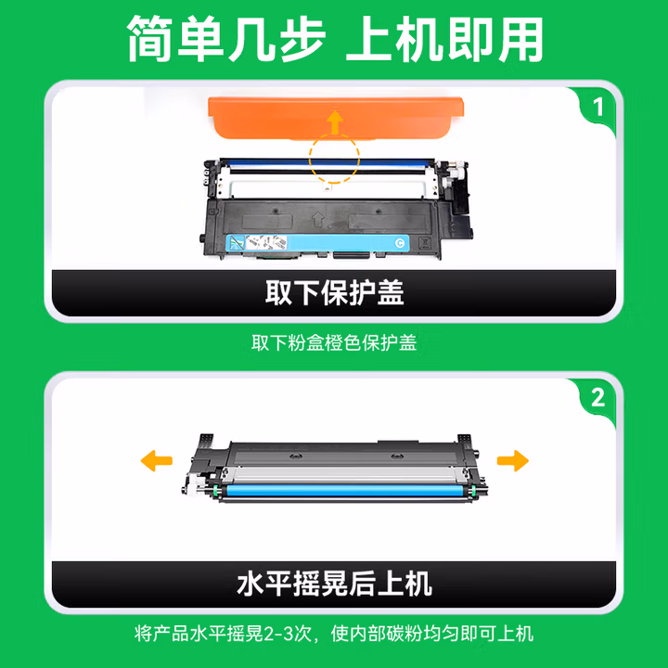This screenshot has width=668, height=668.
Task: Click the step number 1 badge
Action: coord(598,107)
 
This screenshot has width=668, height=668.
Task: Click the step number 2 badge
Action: coord(598,398)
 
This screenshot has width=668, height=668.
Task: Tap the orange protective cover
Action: coord(335,118)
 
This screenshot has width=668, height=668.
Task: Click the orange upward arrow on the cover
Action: coord(335,122)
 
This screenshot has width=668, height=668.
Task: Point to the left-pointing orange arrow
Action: coord(157,460)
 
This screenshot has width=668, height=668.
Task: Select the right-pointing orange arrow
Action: coord(513,460)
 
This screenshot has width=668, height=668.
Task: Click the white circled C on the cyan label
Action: coord(400,243)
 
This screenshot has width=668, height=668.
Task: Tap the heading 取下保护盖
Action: coord(334,292)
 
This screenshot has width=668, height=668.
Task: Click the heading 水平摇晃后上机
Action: coord(334,584)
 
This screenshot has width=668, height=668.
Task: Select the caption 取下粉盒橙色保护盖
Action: coord(334,342)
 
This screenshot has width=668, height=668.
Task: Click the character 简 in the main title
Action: coord(150,39)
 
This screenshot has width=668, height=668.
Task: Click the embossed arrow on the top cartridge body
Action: coord(318,220)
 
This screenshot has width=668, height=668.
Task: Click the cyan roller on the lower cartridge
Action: coord(346,491)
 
